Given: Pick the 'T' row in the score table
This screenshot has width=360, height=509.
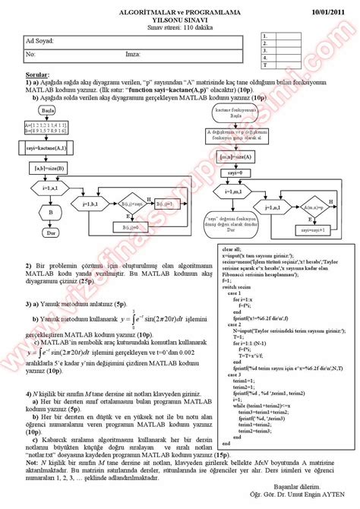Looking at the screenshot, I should coord(264,66).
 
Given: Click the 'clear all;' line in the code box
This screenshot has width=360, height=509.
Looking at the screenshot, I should coord(213,248).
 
